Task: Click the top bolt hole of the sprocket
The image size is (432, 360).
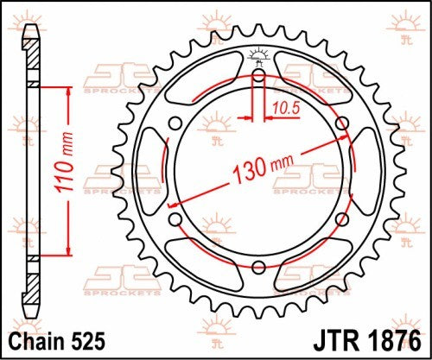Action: tap(258, 75)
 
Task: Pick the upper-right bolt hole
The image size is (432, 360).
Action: tap(342, 123)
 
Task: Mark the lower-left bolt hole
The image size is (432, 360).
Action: tap(175, 218)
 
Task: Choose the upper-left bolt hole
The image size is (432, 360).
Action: tap(175, 123)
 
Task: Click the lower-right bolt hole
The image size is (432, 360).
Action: tap(342, 218)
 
